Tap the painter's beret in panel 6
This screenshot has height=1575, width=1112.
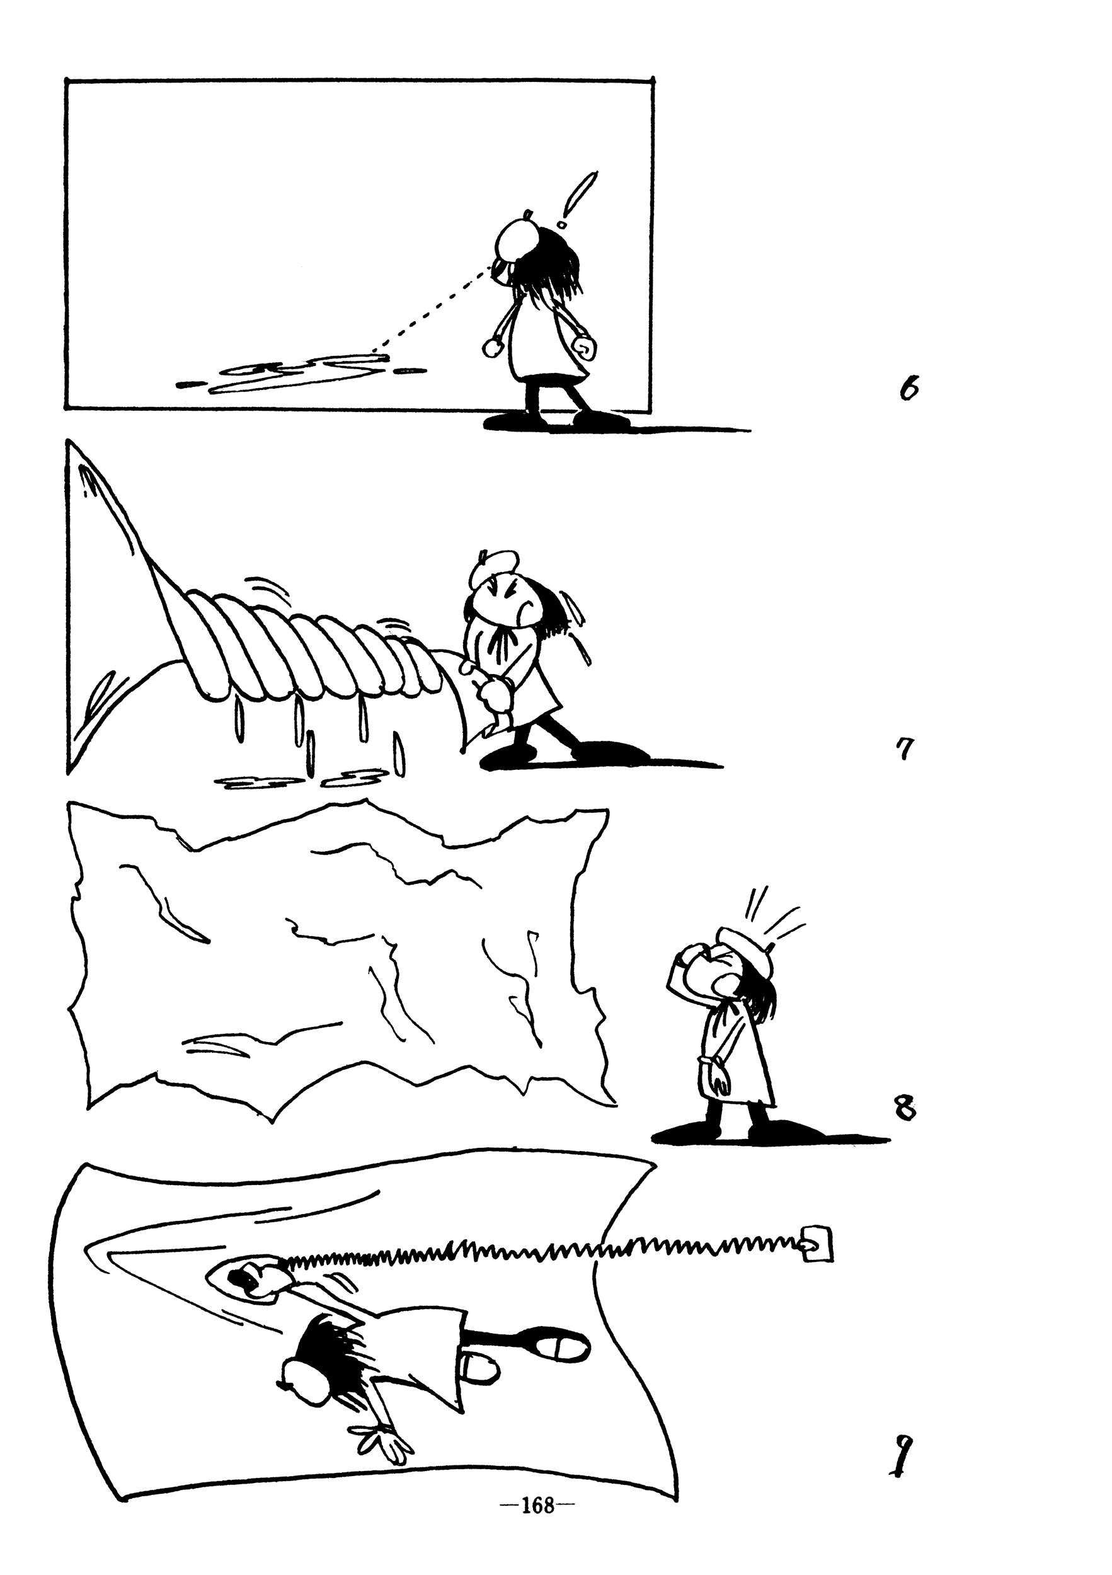coord(519,238)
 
